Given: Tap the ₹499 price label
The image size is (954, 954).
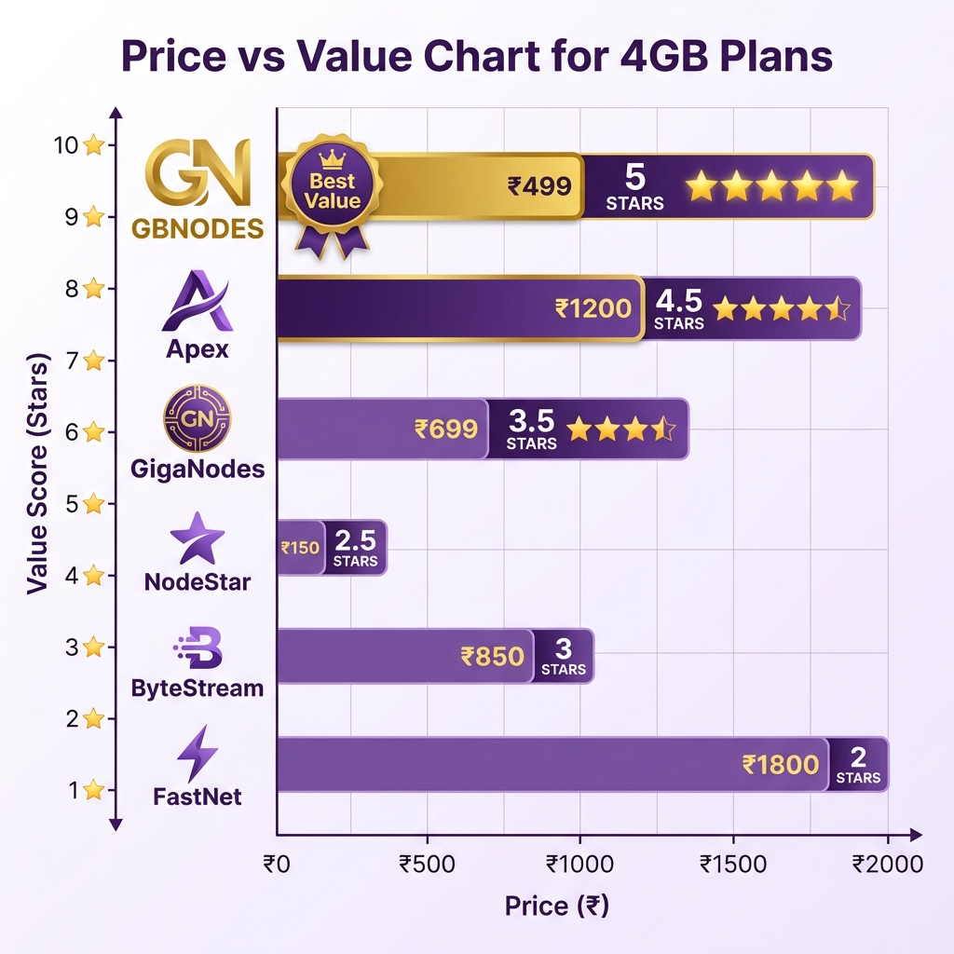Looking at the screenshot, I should [x=539, y=186].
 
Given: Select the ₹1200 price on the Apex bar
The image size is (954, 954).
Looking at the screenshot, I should [x=593, y=307].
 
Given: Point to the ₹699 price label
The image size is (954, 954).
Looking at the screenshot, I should [x=446, y=429].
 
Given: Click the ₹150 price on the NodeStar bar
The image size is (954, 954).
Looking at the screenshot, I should [x=300, y=548].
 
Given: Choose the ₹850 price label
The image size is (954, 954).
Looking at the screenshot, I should [x=493, y=656].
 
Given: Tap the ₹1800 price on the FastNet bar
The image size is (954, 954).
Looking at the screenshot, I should [x=781, y=765].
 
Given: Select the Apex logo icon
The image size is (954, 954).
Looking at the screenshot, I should [x=197, y=302].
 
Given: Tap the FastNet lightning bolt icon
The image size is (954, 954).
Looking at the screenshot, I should [x=198, y=754].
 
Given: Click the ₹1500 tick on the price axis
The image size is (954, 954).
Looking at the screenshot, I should [x=734, y=864].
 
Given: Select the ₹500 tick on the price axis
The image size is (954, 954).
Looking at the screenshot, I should [x=428, y=864].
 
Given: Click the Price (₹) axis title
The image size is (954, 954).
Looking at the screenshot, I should [x=557, y=906].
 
